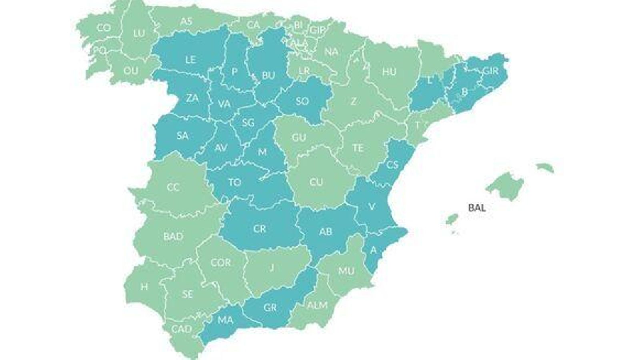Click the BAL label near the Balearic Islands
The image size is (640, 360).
tap(477, 208)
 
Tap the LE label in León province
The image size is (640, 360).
tap(190, 60)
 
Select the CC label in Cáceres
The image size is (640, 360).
tap(173, 187)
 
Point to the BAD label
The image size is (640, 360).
tap(173, 236)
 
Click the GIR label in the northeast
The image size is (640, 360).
tap(491, 71)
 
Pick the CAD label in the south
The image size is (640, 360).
tap(182, 329)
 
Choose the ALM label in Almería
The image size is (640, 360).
tap(317, 305)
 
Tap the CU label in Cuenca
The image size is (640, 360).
tap(316, 182)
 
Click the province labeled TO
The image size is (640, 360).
tap(234, 183)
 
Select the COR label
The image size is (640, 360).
tap(221, 263)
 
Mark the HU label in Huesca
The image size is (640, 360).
tap(389, 72)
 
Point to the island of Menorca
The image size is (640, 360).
tap(545, 167)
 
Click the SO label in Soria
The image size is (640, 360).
tap(302, 101)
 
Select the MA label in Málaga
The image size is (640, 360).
tap(225, 320)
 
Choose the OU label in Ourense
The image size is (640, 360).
tap(131, 71)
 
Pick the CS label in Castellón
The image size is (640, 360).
tap(392, 164)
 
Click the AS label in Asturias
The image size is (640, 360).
tap(186, 21)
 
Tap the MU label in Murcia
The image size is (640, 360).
tap(346, 271)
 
